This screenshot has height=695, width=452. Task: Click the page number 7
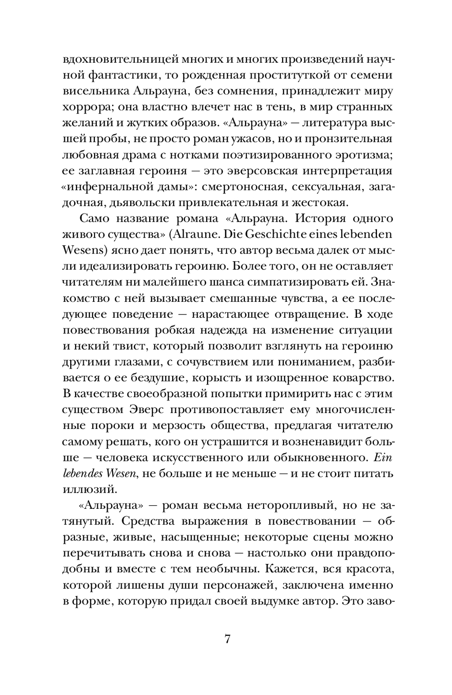[x=227, y=639]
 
